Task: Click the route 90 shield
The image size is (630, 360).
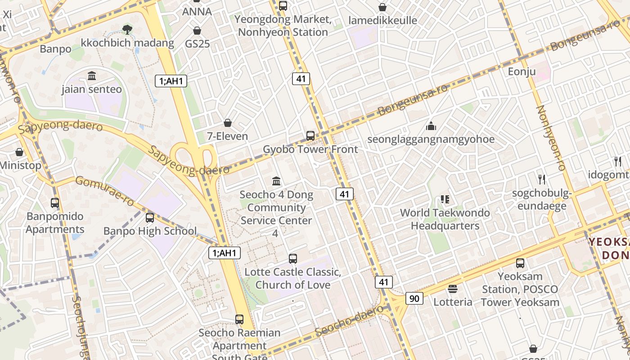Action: coord(414,298)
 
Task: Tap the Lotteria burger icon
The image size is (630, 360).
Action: coord(453,289)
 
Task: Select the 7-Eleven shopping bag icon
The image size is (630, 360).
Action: coord(228,123)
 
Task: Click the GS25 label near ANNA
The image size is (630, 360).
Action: coord(198,44)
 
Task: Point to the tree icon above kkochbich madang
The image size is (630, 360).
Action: coord(127,30)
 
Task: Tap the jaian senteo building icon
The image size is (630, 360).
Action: coord(92,76)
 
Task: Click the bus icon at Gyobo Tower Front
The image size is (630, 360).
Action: coord(310,135)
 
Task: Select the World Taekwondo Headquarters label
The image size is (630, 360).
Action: coord(445,219)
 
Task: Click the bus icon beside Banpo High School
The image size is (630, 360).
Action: coord(150,218)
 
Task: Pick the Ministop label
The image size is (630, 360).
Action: coord(20,166)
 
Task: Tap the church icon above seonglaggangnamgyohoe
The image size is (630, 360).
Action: coord(431,126)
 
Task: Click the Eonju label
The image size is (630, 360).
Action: coord(522,72)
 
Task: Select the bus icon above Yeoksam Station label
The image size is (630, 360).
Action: coord(520,263)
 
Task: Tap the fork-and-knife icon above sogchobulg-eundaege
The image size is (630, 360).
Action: coord(542,180)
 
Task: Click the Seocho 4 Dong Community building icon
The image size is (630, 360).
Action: coord(276,181)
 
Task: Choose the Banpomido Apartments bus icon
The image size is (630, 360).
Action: coord(55,203)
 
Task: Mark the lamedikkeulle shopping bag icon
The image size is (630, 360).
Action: coord(382,7)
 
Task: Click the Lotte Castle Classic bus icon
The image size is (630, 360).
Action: coord(293,259)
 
